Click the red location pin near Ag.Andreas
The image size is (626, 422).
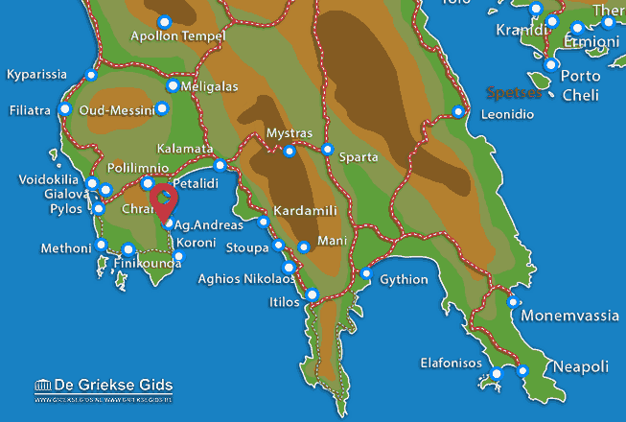click(x=166, y=199)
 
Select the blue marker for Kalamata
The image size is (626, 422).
click(x=220, y=165)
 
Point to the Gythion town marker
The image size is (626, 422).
click(x=366, y=273)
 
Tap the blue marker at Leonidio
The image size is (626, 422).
click(x=458, y=112)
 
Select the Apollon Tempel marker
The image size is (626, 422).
click(x=164, y=21)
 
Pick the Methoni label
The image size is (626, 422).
click(x=65, y=248)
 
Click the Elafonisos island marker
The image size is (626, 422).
click(x=497, y=373)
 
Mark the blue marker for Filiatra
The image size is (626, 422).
click(x=65, y=108)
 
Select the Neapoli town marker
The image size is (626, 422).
click(x=522, y=370)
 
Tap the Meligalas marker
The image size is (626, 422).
click(x=173, y=85)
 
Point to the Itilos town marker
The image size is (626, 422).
click(x=312, y=293)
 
